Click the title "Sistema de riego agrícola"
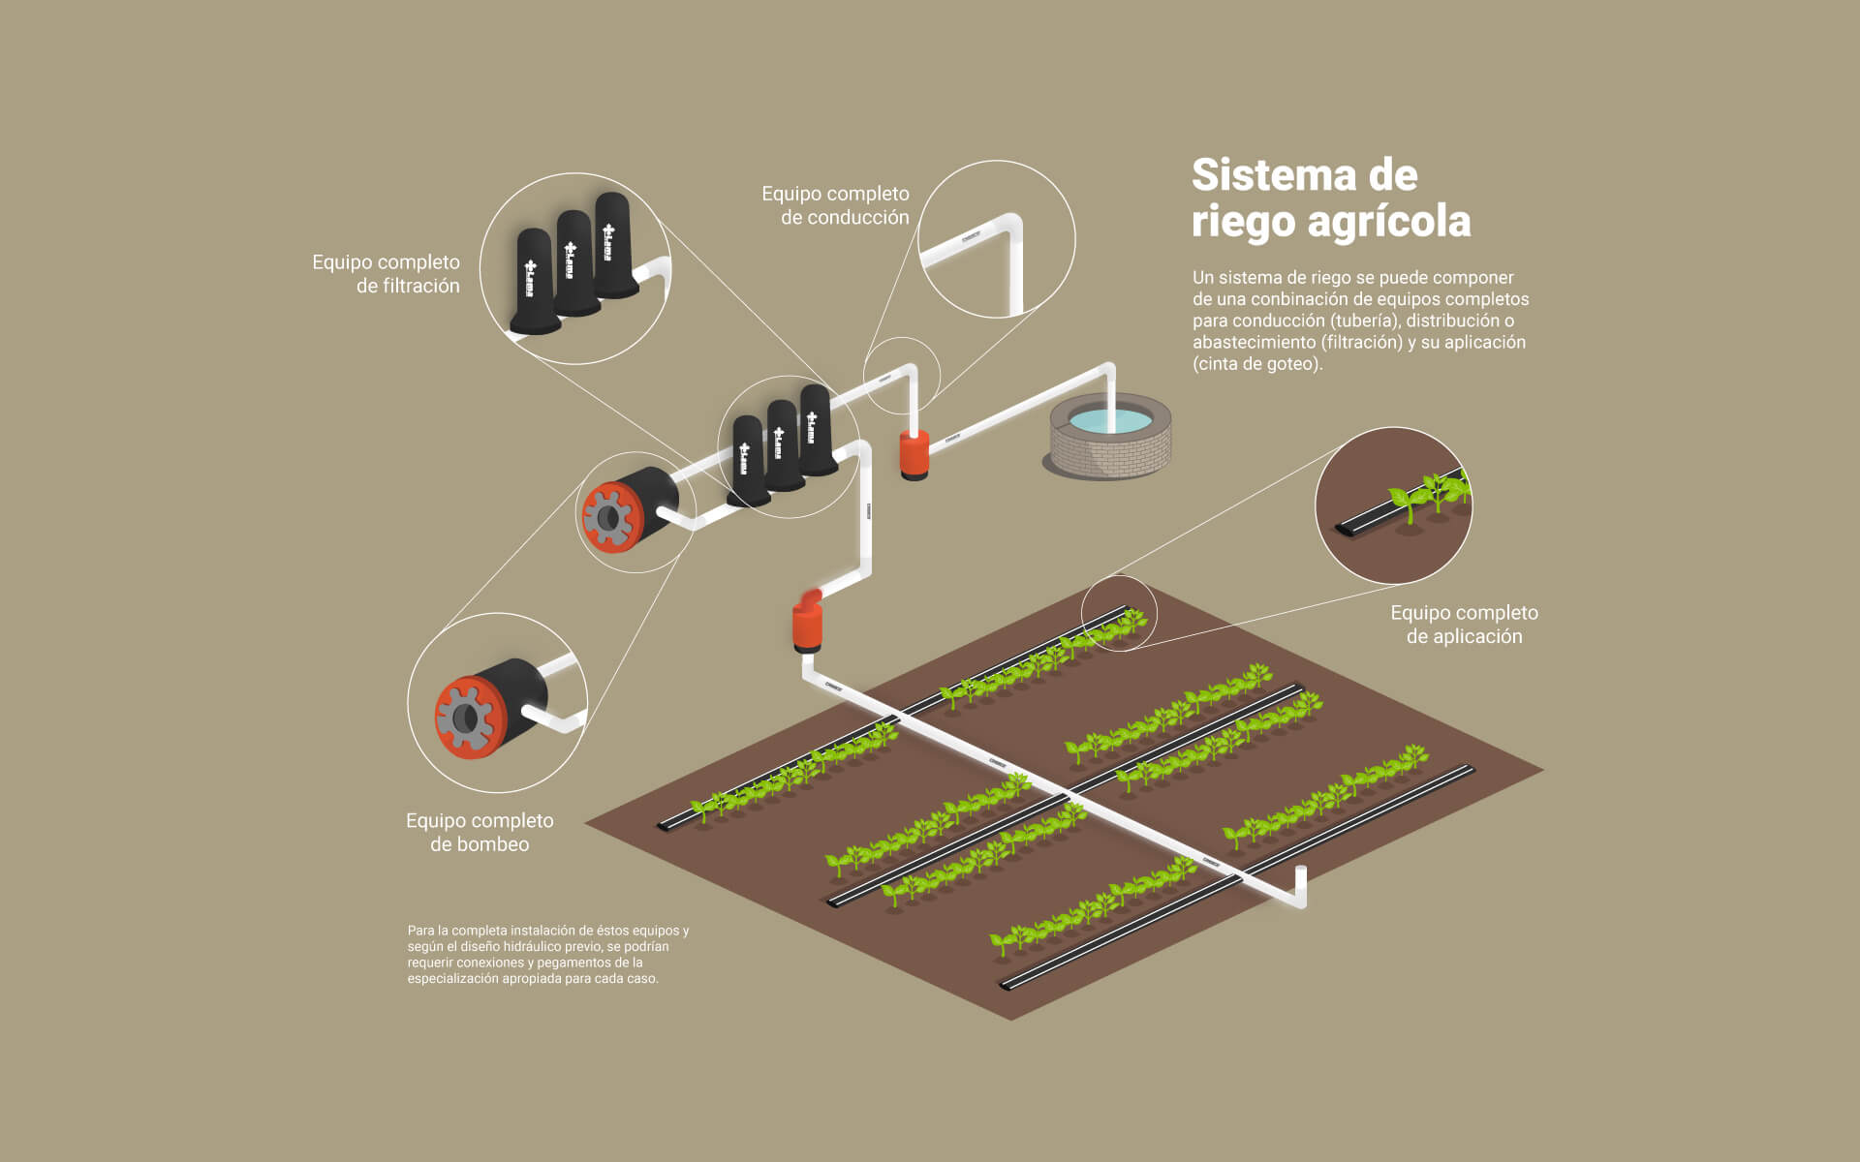(1330, 199)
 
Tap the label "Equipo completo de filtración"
(386, 274)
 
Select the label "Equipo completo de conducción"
(835, 205)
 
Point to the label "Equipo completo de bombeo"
(480, 832)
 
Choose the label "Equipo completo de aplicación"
(1464, 625)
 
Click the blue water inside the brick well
(1110, 420)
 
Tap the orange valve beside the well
(914, 453)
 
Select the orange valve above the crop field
(807, 623)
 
